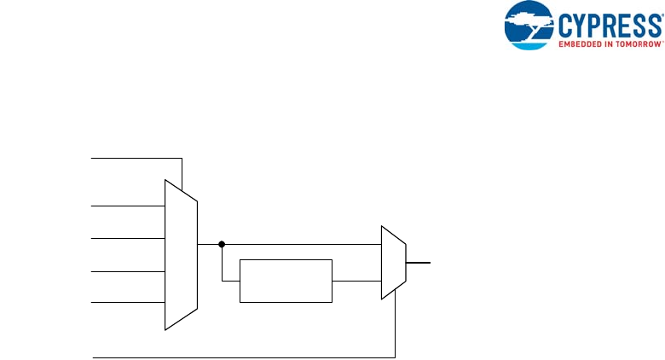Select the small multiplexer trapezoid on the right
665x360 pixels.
[393, 263]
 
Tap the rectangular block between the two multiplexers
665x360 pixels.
[286, 280]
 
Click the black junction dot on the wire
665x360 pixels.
[222, 244]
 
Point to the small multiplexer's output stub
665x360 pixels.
[419, 263]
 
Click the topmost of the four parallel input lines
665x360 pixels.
[128, 206]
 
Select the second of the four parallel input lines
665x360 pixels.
[128, 238]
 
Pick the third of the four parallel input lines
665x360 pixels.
[128, 271]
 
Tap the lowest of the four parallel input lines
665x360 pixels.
[128, 302]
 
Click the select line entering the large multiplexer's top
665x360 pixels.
[136, 158]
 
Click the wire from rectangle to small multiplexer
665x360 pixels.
[356, 280]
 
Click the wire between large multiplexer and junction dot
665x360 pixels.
[210, 244]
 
